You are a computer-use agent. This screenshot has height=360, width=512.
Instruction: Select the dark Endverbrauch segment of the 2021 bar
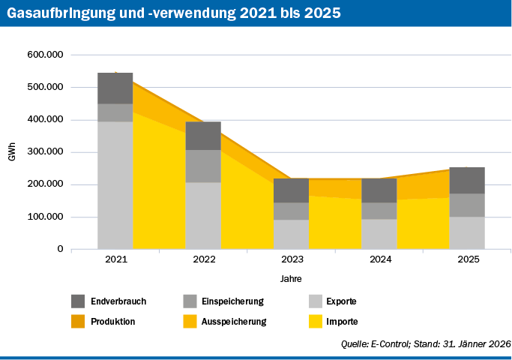(x=115, y=88)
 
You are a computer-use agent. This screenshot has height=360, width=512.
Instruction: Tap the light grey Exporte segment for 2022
(x=203, y=215)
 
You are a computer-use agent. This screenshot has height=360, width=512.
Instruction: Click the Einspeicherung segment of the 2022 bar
(x=203, y=166)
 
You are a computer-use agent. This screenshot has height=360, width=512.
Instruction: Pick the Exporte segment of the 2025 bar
(x=467, y=232)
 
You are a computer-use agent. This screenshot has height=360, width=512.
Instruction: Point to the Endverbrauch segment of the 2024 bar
(x=379, y=190)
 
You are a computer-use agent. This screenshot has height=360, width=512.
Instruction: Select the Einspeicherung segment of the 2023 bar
(x=291, y=211)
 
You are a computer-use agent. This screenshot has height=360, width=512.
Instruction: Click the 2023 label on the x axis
(x=292, y=259)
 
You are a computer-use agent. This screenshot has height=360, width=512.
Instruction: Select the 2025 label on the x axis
(x=468, y=259)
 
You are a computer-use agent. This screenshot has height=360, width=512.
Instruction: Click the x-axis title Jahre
(x=292, y=278)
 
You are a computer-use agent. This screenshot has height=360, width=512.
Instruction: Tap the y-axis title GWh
(x=12, y=151)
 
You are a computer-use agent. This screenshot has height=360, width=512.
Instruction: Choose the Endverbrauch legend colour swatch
(x=78, y=301)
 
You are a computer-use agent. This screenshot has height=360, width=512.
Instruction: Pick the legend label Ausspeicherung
(x=235, y=321)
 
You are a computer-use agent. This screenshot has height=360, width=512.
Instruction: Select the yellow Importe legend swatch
(x=316, y=321)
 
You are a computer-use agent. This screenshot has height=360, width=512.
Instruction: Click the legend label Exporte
(x=341, y=301)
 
